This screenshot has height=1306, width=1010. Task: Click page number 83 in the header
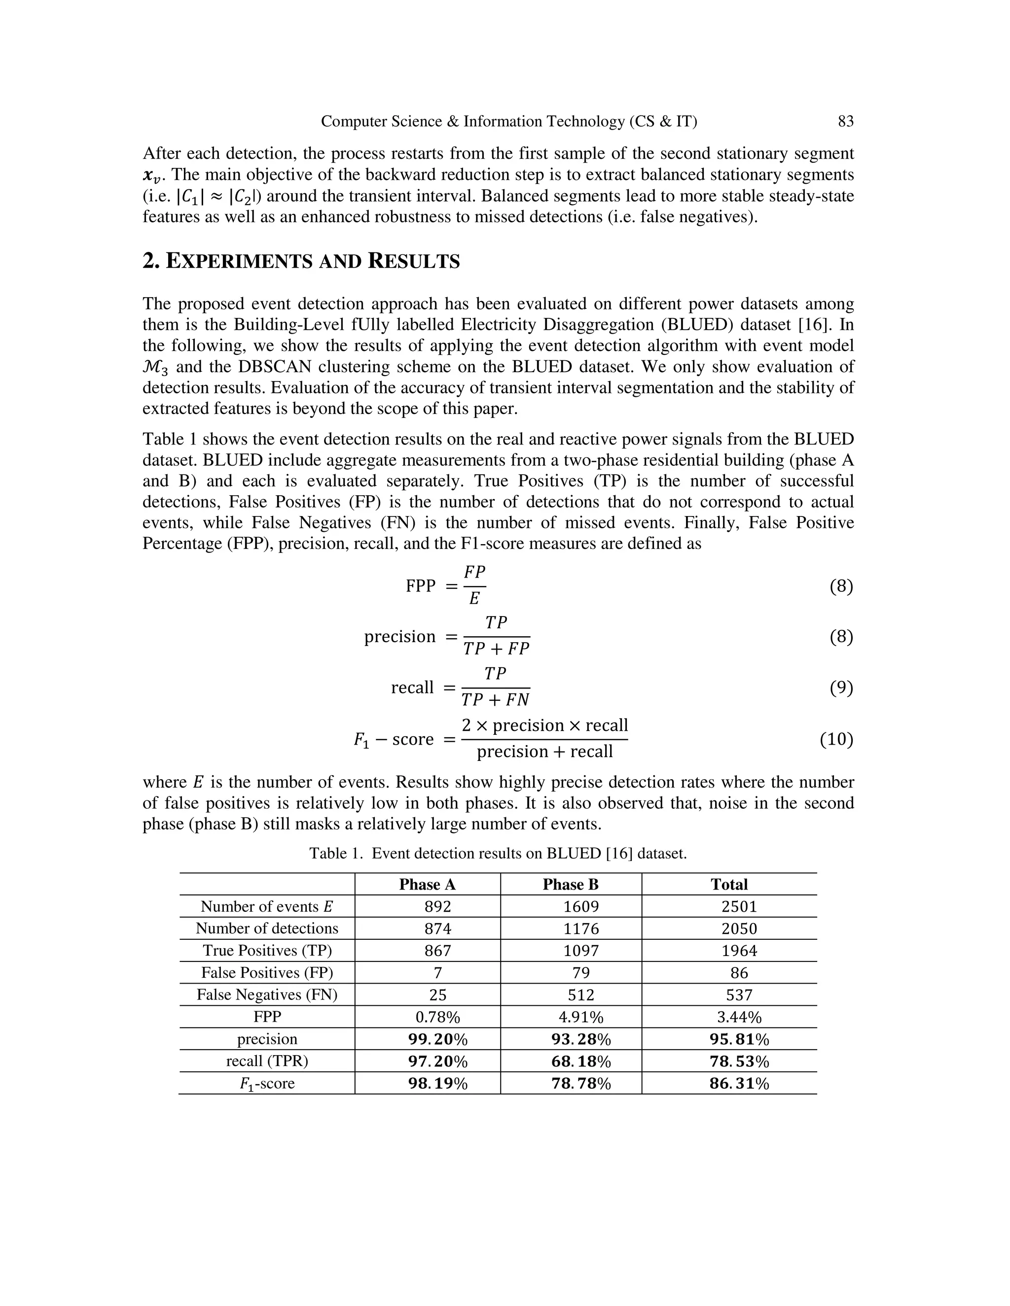pyautogui.click(x=845, y=121)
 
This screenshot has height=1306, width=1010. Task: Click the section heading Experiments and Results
pyautogui.click(x=301, y=261)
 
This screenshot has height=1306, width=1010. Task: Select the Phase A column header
pyautogui.click(x=427, y=885)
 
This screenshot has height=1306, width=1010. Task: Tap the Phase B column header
pyautogui.click(x=570, y=885)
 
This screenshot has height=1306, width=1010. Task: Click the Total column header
pyautogui.click(x=729, y=885)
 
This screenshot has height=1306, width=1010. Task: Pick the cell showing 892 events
pyautogui.click(x=437, y=906)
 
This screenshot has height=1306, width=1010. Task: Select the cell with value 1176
pyautogui.click(x=580, y=928)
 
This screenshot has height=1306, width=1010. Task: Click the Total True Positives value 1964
pyautogui.click(x=739, y=951)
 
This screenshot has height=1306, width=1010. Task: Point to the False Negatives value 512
pyautogui.click(x=581, y=995)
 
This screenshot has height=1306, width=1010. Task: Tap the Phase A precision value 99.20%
pyautogui.click(x=437, y=1039)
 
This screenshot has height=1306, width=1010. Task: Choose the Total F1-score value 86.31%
pyautogui.click(x=739, y=1084)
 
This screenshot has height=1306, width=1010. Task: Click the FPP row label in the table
pyautogui.click(x=267, y=1017)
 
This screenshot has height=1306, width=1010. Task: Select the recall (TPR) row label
pyautogui.click(x=267, y=1061)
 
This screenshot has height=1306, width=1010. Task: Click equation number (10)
pyautogui.click(x=836, y=740)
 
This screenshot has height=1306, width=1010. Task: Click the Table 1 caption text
pyautogui.click(x=498, y=853)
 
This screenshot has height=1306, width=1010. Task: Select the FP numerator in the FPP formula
pyautogui.click(x=474, y=572)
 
